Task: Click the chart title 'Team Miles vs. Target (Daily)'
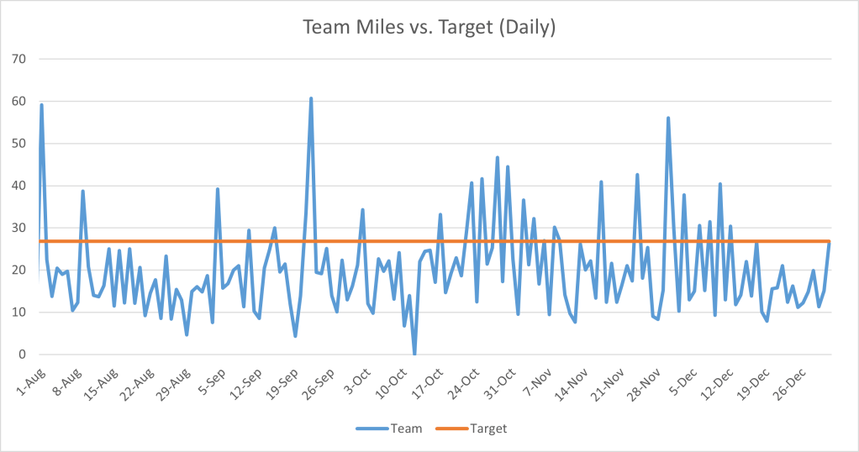[429, 27]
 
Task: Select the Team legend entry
[399, 428]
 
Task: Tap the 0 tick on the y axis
[23, 354]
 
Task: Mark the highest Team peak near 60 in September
[311, 98]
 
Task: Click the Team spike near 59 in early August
[41, 105]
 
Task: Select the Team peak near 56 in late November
[668, 118]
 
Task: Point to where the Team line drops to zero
[414, 354]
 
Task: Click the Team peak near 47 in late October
[498, 157]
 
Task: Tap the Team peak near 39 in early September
[218, 189]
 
